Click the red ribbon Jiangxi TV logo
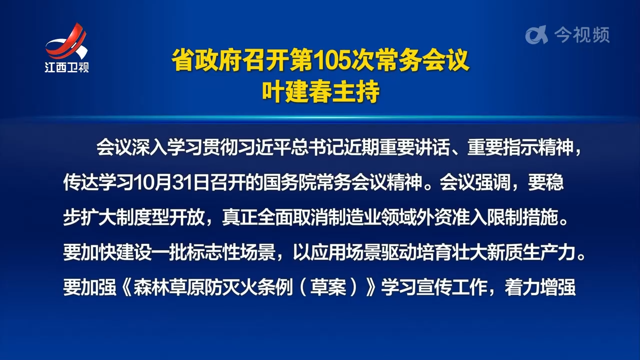(x=66, y=42)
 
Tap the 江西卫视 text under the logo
(x=66, y=67)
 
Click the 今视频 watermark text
(x=581, y=35)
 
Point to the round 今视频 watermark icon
(x=536, y=35)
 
